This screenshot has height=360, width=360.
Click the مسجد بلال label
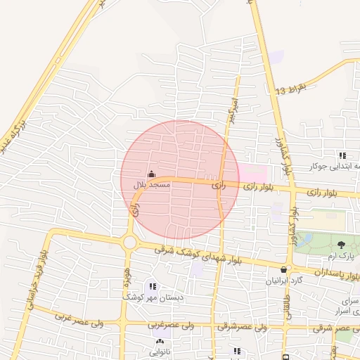point(152,185)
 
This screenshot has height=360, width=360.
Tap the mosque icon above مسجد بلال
point(151,174)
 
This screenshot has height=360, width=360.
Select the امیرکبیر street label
point(231,109)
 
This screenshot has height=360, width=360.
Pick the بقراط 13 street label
point(292,90)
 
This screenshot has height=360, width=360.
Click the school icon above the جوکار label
point(342,156)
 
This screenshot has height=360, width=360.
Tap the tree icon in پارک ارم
point(342,245)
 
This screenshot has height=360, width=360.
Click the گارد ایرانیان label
point(282,281)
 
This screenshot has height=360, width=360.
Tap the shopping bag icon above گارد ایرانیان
point(283,269)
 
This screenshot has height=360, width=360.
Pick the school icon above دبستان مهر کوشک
point(153,286)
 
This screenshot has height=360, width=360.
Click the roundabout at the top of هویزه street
point(130,243)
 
